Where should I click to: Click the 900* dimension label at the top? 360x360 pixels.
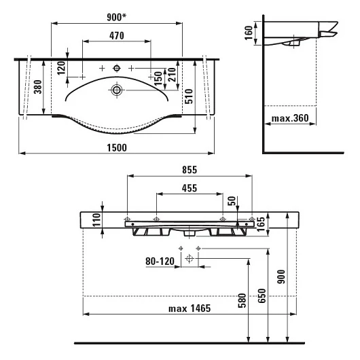point(117,17)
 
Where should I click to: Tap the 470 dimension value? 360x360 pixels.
point(117,35)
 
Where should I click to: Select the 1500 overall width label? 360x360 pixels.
point(117,147)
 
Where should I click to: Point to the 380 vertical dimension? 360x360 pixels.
point(38,87)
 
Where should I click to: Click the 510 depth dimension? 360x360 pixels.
point(189,96)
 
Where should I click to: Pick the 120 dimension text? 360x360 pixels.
point(61,68)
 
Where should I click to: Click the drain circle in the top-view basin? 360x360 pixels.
point(117,90)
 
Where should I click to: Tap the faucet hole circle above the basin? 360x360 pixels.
point(117,68)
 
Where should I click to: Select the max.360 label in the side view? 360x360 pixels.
point(290,118)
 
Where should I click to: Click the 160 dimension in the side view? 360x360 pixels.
point(249,33)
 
